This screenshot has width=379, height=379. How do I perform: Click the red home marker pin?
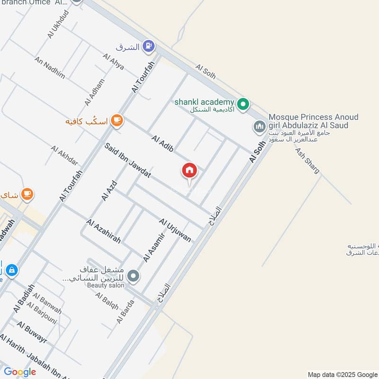point(189,171)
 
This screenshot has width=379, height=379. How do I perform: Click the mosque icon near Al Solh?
point(259,126)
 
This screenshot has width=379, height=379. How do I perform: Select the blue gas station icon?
point(149,46)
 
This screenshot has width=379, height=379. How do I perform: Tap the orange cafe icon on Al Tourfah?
point(117,121)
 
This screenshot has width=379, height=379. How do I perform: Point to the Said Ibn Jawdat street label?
point(128,161)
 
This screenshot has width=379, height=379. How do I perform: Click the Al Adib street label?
point(162,144)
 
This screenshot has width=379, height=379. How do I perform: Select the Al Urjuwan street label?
point(175,230)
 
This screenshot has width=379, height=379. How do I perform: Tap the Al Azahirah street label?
point(103,231)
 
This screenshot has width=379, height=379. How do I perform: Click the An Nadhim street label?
point(49,69)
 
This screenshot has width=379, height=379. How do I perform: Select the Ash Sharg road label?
point(307,161)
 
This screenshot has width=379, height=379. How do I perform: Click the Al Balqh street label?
point(107,301)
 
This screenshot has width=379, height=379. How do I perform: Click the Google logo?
point(20,372)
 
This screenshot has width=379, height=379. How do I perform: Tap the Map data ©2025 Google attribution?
point(342,374)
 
